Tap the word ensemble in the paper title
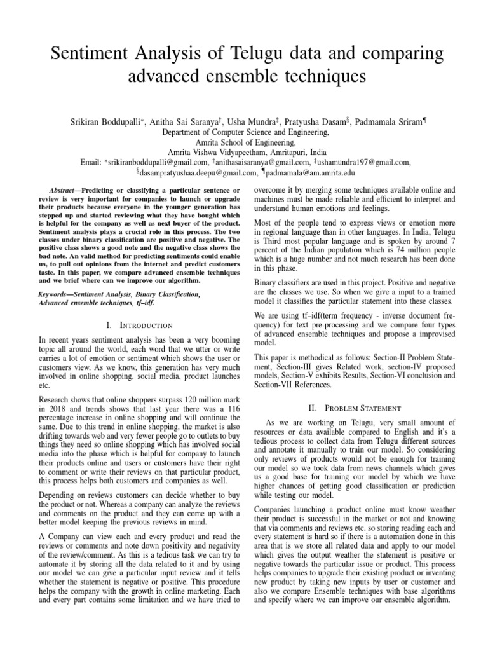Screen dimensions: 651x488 tap(259, 78)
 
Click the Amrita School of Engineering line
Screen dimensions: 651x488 tap(244, 143)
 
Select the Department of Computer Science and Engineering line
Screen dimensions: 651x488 tap(244, 132)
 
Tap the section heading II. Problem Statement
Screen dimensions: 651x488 tap(355, 408)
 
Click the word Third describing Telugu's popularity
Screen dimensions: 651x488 tap(272, 242)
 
